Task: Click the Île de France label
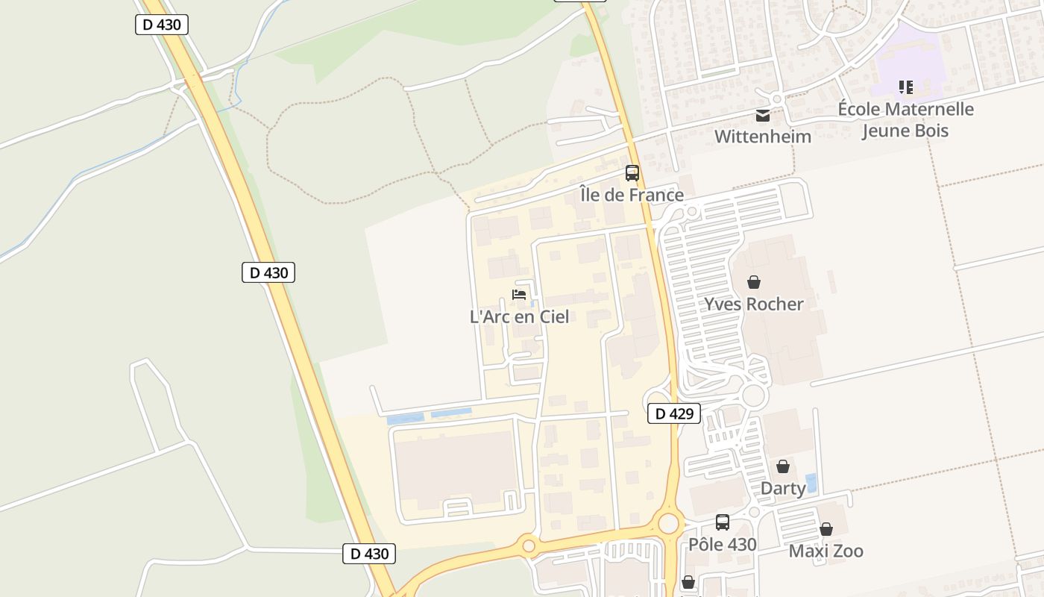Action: [632, 195]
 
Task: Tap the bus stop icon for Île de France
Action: [632, 173]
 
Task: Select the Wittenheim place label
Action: [762, 137]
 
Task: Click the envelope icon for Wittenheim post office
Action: [763, 116]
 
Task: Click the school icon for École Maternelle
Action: [906, 87]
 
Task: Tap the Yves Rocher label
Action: [754, 304]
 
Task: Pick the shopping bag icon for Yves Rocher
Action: [754, 282]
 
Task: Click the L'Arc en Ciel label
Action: [519, 316]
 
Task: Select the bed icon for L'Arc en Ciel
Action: [519, 295]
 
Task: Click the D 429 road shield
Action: [674, 413]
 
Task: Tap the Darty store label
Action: [783, 488]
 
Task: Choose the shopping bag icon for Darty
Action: [783, 466]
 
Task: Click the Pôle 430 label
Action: [722, 544]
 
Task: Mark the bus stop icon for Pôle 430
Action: [722, 522]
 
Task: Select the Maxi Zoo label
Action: [826, 551]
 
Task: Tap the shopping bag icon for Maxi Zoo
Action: [826, 529]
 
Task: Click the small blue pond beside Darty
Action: [811, 483]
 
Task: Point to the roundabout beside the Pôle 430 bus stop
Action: [669, 523]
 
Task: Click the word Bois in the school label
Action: [928, 131]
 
